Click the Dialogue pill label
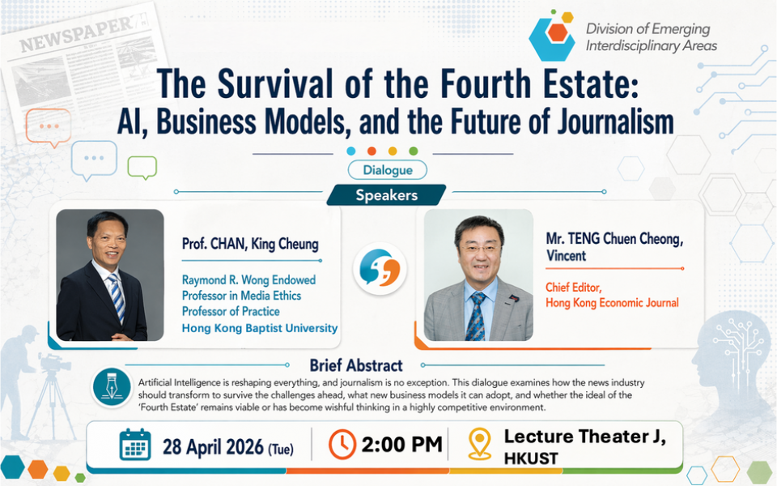click(387, 170)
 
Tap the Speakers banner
click(386, 195)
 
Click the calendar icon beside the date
click(135, 445)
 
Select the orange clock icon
click(342, 444)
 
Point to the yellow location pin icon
click(480, 443)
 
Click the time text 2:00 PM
click(401, 445)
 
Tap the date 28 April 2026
click(213, 447)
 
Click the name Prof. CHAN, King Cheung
click(250, 244)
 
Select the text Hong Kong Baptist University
click(260, 328)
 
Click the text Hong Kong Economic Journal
click(612, 302)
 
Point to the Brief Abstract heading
click(356, 365)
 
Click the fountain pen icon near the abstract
click(112, 387)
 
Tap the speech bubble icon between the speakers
click(380, 268)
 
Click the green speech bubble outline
click(142, 167)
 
